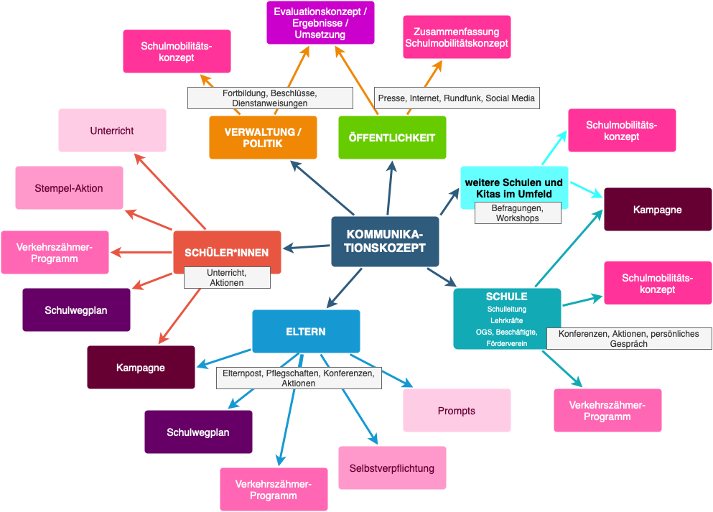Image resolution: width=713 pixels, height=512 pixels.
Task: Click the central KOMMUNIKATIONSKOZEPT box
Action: click(x=385, y=241)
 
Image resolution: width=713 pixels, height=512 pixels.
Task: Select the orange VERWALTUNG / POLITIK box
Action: click(x=263, y=137)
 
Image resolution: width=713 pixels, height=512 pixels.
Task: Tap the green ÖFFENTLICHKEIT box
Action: click(x=392, y=137)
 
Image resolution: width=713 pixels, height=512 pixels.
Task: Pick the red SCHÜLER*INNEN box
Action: click(x=227, y=251)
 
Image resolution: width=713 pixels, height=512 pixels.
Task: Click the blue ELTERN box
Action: click(x=306, y=331)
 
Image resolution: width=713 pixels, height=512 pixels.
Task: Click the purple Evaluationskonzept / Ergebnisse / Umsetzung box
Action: click(x=320, y=23)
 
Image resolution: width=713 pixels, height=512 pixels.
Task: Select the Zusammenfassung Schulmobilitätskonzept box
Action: click(x=457, y=37)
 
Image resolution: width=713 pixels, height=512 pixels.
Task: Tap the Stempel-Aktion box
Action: click(x=69, y=188)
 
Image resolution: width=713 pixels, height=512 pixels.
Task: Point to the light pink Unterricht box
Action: click(x=112, y=131)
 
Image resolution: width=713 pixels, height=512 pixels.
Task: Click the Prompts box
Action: click(x=457, y=411)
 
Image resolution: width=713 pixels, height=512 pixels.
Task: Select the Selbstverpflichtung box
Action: click(x=392, y=468)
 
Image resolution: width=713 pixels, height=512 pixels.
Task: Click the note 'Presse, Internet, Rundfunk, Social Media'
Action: click(x=457, y=98)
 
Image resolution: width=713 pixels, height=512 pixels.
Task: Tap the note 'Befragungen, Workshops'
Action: click(x=517, y=213)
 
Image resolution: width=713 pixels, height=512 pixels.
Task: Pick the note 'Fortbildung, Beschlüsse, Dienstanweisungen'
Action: click(x=270, y=98)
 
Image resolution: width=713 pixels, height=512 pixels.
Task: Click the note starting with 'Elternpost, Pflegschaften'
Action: click(x=299, y=378)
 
